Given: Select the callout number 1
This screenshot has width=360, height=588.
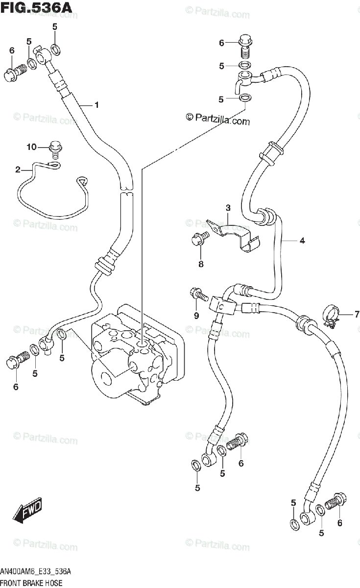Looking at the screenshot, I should [x=97, y=104].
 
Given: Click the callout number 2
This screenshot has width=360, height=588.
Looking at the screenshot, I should [x=18, y=170].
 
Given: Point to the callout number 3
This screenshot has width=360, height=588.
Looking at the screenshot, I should [x=228, y=208].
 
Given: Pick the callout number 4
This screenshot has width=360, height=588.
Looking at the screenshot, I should [x=302, y=241].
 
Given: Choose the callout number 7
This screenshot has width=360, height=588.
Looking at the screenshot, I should [x=357, y=314].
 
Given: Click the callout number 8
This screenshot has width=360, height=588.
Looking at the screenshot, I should [x=200, y=264].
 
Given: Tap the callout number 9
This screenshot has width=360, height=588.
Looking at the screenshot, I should [x=196, y=316].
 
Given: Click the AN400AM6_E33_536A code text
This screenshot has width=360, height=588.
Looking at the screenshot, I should [x=36, y=572].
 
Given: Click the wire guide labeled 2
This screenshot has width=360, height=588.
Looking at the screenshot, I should [x=49, y=196].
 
